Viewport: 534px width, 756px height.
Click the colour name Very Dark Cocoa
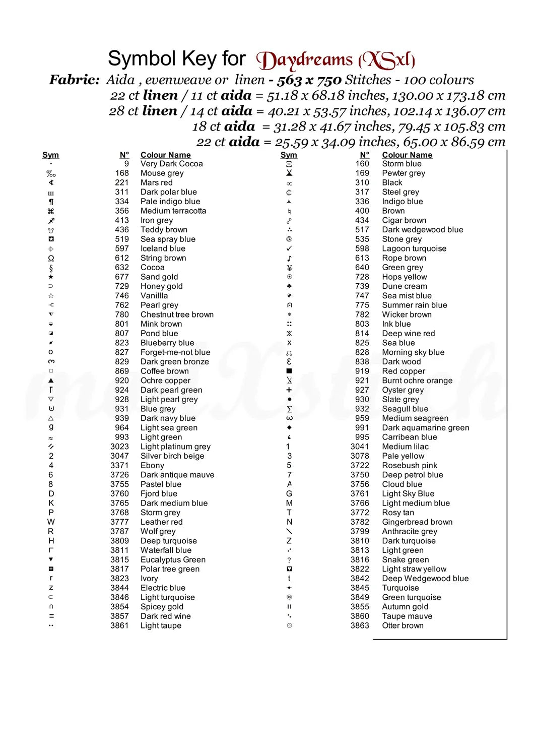(171, 164)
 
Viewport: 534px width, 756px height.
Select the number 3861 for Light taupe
(119, 625)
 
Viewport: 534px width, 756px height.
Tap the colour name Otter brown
(403, 625)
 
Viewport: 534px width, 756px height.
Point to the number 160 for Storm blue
(362, 164)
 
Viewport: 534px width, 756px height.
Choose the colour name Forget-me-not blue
(175, 352)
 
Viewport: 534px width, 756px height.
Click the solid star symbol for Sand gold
(51, 277)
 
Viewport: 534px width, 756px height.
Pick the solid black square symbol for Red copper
(289, 371)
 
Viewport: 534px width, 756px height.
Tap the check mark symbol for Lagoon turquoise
(289, 248)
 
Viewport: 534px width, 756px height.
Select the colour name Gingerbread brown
(417, 522)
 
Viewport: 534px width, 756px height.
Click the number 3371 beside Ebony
(119, 465)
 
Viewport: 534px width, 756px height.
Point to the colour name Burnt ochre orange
(417, 381)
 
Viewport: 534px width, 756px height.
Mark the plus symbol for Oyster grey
(289, 390)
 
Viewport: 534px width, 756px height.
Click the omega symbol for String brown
(51, 258)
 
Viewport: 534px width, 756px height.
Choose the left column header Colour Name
(166, 155)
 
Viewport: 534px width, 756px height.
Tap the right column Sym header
(289, 155)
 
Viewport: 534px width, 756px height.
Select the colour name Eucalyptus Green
(173, 559)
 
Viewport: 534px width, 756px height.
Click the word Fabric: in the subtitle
(74, 80)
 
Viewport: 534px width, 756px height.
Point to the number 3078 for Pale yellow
(360, 456)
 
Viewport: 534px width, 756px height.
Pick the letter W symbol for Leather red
(51, 522)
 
